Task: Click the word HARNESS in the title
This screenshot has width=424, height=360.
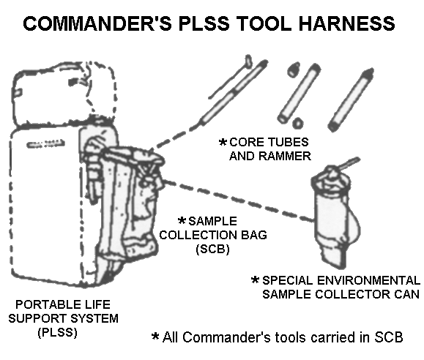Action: pos(346,23)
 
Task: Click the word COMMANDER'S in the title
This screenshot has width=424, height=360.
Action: pos(97,23)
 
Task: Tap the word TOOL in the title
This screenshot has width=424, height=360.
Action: pos(264,23)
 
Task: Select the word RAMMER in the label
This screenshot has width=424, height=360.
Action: pos(285,156)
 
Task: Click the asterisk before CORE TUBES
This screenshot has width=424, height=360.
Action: pos(223,142)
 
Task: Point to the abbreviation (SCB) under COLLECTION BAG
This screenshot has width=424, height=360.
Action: pos(213,249)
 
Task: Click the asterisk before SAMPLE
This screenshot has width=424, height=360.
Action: pos(182,220)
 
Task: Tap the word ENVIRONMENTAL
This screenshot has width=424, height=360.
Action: pos(368,280)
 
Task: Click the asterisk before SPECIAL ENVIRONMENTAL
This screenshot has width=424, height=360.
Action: pos(256,280)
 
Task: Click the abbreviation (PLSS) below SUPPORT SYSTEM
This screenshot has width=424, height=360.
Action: pos(58,332)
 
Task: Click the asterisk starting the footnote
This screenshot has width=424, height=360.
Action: pos(155,336)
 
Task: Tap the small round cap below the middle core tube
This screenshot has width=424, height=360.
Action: pos(297,123)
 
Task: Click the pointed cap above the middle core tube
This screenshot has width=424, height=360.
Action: pos(294,70)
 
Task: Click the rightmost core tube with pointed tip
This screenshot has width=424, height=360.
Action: pos(351,100)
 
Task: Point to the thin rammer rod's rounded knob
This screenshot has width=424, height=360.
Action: pos(248,61)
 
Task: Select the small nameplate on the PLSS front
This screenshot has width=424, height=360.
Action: pos(45,144)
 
